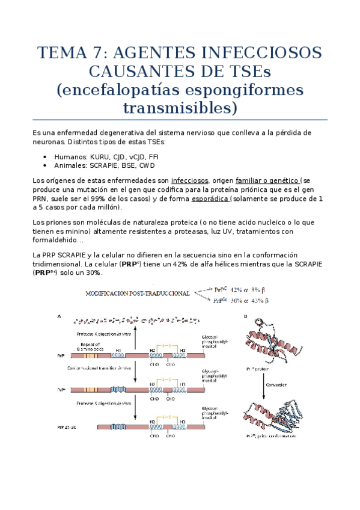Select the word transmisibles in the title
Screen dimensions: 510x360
click(x=180, y=109)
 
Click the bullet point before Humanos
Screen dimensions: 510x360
click(x=46, y=156)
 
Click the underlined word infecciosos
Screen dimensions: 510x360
click(x=189, y=180)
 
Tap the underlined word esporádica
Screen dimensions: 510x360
click(x=210, y=198)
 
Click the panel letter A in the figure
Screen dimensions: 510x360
click(x=58, y=316)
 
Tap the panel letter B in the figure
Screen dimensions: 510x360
click(x=245, y=316)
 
